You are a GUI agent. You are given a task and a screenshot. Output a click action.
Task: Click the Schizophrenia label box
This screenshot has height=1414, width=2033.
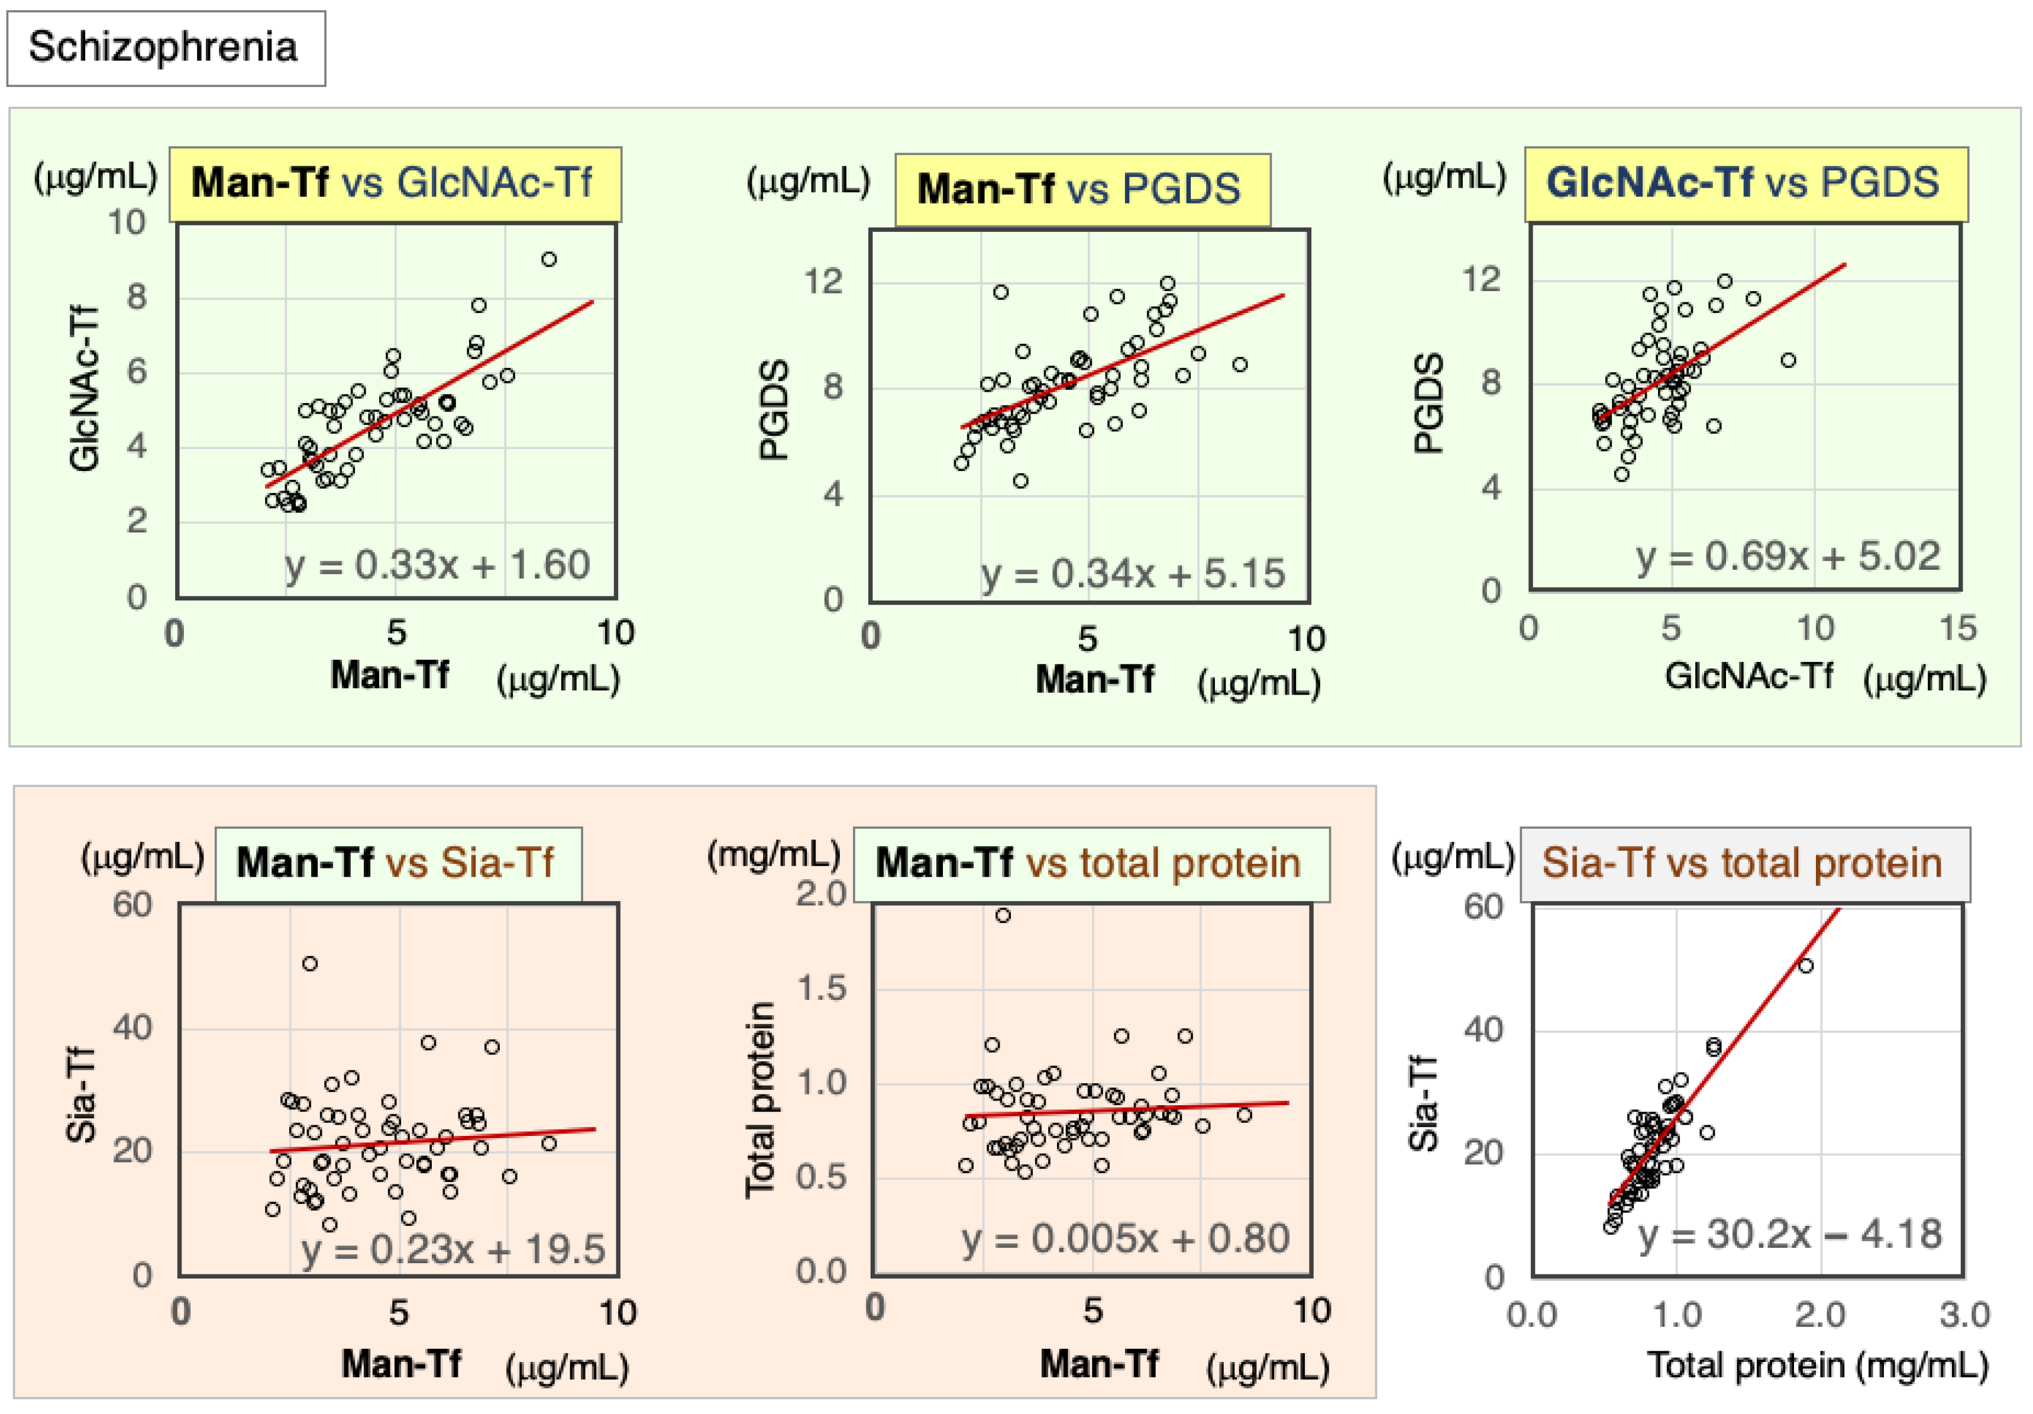[x=166, y=48]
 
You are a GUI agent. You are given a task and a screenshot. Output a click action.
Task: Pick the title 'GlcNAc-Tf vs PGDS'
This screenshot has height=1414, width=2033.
[x=1744, y=183]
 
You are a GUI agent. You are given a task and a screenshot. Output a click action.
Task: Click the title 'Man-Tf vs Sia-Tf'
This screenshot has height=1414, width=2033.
[x=397, y=863]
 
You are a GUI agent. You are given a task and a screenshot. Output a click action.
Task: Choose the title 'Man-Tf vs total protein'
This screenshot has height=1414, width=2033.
[x=1090, y=863]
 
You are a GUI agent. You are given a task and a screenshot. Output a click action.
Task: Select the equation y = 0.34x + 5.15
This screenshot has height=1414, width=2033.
[x=1133, y=574]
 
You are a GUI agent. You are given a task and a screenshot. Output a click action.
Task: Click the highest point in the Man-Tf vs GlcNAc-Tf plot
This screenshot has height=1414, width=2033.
[x=549, y=259]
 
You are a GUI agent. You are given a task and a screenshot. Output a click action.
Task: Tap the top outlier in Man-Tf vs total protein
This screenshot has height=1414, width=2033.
[x=1003, y=915]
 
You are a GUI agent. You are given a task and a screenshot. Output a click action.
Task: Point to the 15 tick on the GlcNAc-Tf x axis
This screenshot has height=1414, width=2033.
[x=1958, y=629]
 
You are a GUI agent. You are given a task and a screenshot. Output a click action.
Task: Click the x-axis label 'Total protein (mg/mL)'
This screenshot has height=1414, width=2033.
[x=1818, y=1365]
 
